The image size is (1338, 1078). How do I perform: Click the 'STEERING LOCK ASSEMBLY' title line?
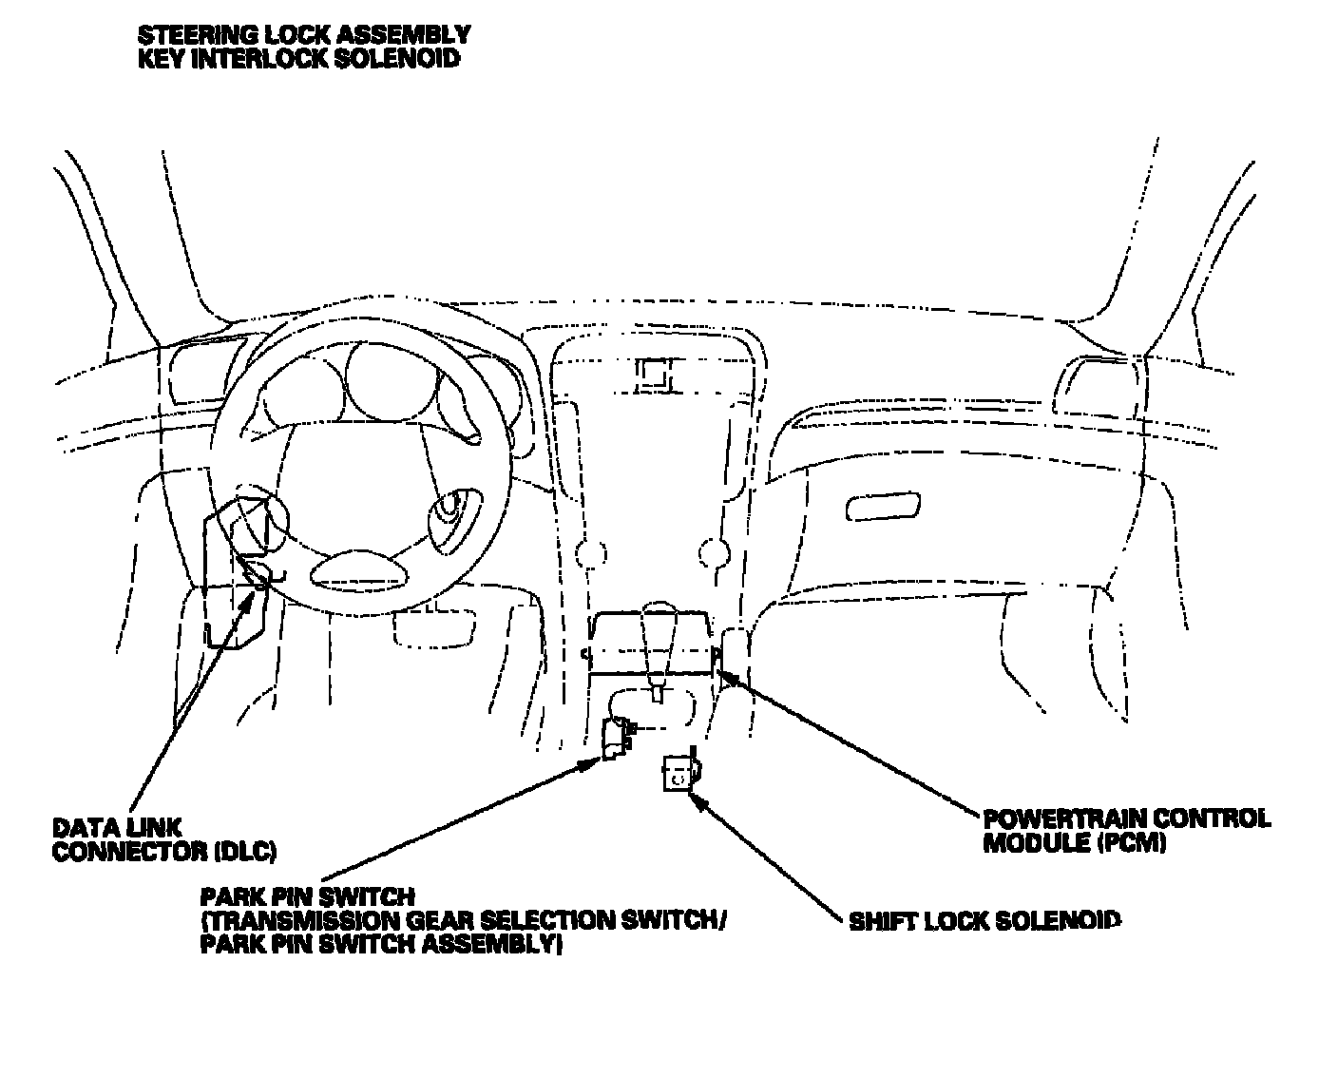click(x=304, y=35)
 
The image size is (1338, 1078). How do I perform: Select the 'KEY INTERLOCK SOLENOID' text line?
click(x=298, y=58)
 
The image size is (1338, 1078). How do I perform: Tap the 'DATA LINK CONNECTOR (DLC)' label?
click(x=163, y=839)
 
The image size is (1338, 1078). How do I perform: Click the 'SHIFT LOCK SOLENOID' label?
click(x=984, y=921)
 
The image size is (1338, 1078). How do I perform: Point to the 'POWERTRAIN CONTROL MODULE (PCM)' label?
click(x=1125, y=830)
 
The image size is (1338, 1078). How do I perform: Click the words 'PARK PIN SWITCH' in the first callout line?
click(x=307, y=896)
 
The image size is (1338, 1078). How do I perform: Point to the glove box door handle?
click(x=883, y=508)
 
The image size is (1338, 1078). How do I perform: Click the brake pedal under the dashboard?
click(x=437, y=628)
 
